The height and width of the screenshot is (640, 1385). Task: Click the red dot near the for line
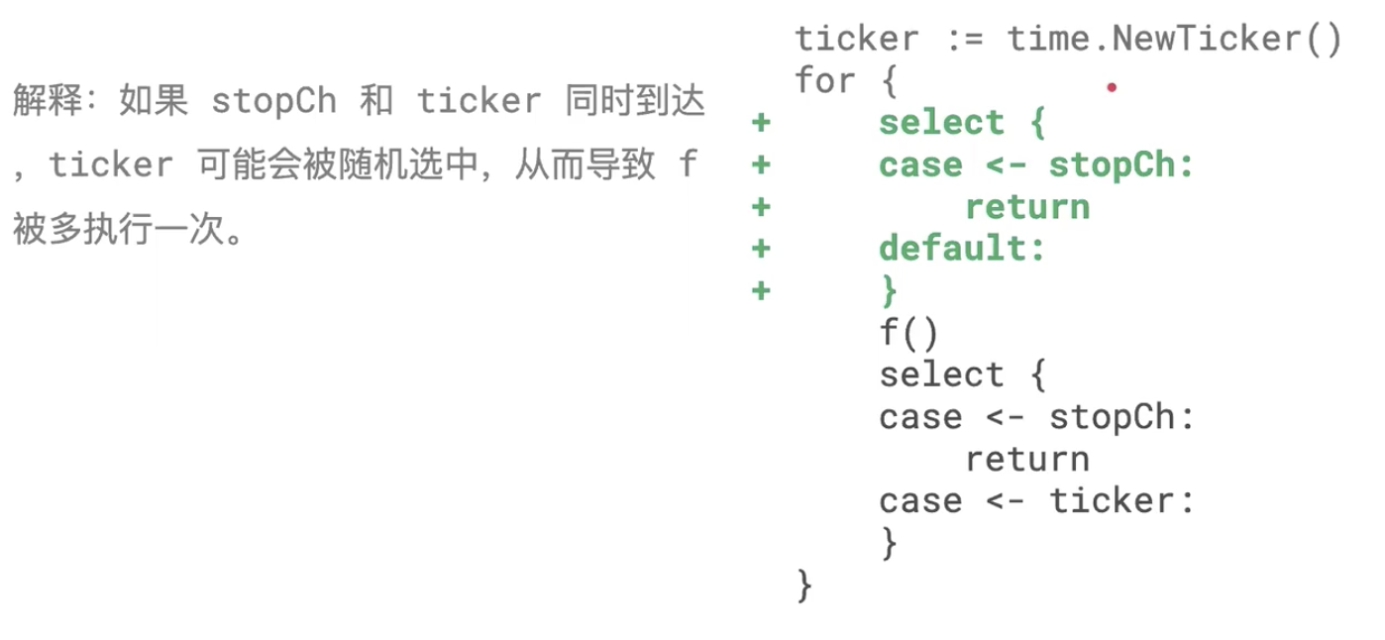point(1112,88)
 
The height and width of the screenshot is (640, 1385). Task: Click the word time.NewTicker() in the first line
point(1174,40)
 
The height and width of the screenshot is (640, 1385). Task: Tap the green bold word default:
point(962,248)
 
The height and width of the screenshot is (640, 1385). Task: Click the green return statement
point(1027,207)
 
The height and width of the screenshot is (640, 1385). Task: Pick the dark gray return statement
point(1027,459)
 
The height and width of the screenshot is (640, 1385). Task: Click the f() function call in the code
point(907,333)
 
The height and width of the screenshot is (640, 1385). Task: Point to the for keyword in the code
point(824,81)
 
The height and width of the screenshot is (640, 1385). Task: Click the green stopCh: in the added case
point(1121,165)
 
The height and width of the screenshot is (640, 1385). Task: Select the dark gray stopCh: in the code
point(1121,417)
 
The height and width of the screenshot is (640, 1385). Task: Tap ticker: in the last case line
point(1121,500)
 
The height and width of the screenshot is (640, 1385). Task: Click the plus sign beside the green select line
point(761,124)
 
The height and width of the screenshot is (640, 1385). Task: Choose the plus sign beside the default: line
point(761,248)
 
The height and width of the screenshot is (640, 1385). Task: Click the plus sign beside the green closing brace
point(761,290)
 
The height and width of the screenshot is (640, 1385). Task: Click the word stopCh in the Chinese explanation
point(273,101)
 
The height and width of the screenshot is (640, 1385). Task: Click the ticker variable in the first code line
point(843,40)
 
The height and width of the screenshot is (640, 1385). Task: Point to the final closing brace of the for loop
point(803,585)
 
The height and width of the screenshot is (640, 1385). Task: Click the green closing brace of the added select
point(889,290)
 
